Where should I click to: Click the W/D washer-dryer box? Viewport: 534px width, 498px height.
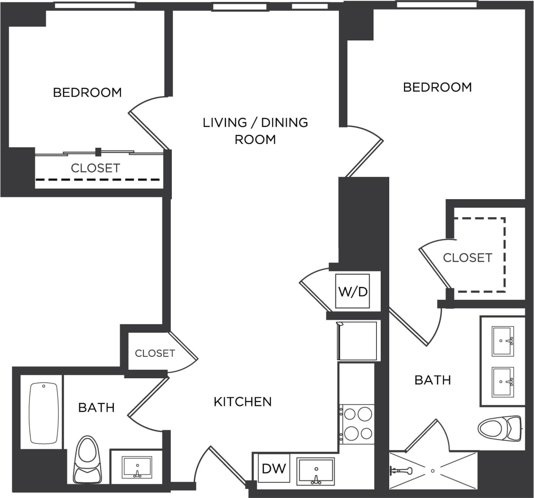point(352,291)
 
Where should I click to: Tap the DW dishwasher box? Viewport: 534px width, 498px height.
point(274,469)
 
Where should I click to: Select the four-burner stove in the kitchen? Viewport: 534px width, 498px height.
point(358,424)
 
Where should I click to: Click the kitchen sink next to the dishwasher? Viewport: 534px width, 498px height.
point(315,471)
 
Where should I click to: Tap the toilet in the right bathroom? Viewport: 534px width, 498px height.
point(499,428)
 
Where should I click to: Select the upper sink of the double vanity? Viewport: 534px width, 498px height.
point(503,341)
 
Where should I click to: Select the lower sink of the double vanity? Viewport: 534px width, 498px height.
point(503,382)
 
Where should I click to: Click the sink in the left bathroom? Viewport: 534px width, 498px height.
point(137,467)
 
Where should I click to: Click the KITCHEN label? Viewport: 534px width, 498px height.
point(243,402)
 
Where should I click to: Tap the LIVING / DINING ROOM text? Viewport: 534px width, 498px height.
point(255,131)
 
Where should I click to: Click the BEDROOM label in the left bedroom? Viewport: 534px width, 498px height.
point(87,92)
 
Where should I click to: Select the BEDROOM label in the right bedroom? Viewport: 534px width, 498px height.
point(437,87)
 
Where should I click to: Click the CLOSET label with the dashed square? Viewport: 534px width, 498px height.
point(468,258)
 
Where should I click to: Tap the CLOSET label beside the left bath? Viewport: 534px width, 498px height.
point(155,353)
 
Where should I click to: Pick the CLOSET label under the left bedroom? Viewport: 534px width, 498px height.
point(95,168)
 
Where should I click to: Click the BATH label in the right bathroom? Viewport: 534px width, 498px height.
point(432,380)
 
